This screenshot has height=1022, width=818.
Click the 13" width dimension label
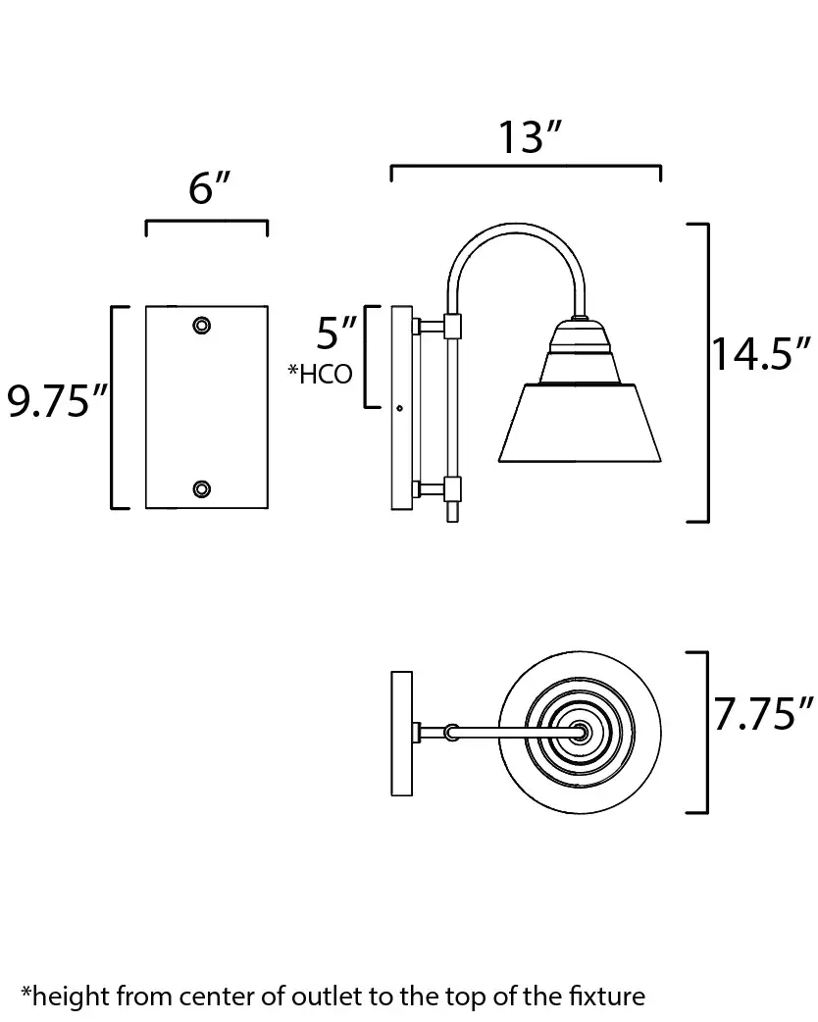pyautogui.click(x=530, y=137)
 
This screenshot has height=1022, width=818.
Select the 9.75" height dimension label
pyautogui.click(x=57, y=400)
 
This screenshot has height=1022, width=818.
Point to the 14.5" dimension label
pyautogui.click(x=761, y=354)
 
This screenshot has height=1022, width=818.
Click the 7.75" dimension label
pyautogui.click(x=764, y=713)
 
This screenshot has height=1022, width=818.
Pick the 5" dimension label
pyautogui.click(x=337, y=332)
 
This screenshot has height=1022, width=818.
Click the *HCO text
pyautogui.click(x=320, y=374)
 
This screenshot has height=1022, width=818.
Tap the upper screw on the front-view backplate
pyautogui.click(x=202, y=325)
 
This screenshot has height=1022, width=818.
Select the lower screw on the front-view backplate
pyautogui.click(x=202, y=488)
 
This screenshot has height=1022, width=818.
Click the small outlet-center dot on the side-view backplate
pyautogui.click(x=399, y=409)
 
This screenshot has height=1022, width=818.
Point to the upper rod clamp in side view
pyautogui.click(x=452, y=326)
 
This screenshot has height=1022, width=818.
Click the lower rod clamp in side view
pyautogui.click(x=452, y=488)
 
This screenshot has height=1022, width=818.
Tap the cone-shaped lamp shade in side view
pyautogui.click(x=580, y=423)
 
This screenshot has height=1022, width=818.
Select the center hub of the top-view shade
pyautogui.click(x=580, y=732)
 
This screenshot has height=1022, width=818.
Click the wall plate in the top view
pyautogui.click(x=401, y=734)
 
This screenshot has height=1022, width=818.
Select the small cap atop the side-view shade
pyautogui.click(x=580, y=319)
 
